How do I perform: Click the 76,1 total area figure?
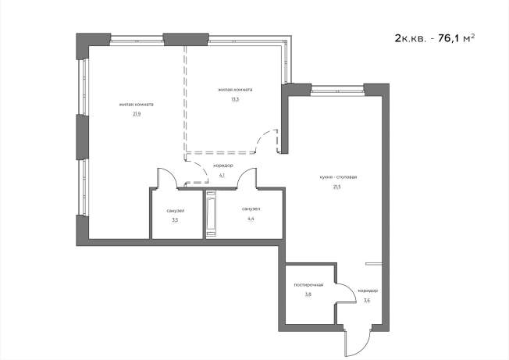coord(449,38)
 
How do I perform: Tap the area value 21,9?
coord(137,114)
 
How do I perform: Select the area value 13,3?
coord(235,99)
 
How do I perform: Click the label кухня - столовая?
coord(338,177)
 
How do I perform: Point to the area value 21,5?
coord(337,187)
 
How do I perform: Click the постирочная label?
coord(308,285)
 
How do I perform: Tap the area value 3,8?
coord(308,294)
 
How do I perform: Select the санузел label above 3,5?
coord(176,211)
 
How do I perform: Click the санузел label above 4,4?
coord(251,209)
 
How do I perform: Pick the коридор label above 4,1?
coord(223,166)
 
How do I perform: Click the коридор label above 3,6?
coord(368,290)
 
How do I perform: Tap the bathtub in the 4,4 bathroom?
coord(211,213)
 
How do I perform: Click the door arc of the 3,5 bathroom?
coord(169,174)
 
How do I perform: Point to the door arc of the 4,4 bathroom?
coord(244,174)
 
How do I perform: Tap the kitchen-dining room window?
coord(337,90)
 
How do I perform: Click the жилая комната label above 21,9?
coord(137,105)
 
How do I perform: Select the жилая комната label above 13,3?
coord(235,90)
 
